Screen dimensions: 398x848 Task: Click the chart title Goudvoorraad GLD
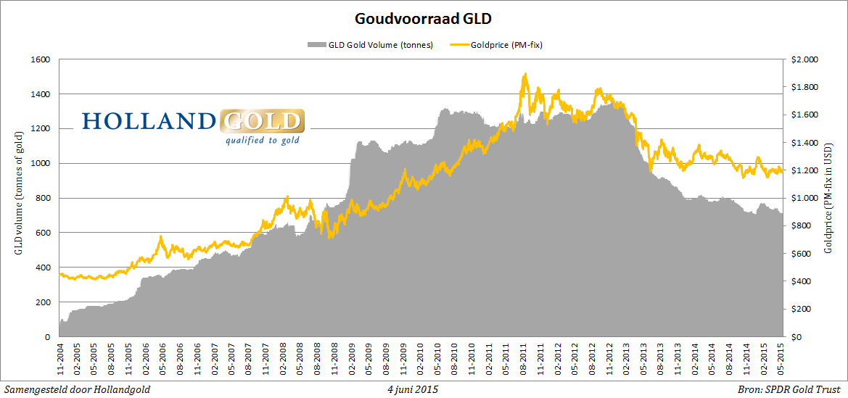pos(424,17)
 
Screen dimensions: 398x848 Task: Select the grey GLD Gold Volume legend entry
pos(371,45)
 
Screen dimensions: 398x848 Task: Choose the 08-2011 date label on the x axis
pos(524,360)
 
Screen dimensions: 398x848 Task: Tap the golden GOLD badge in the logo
pos(261,121)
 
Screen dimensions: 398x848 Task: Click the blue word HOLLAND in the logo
pos(149,121)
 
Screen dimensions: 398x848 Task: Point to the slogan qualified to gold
pos(262,140)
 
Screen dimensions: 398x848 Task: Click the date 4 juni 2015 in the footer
pos(412,390)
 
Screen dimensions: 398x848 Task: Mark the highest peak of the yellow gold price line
pos(524,73)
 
